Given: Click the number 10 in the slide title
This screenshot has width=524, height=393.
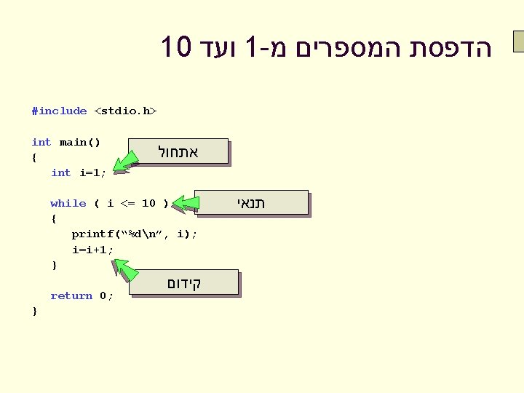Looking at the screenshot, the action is (176, 48).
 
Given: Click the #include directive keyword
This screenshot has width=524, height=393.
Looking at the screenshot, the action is (59, 111).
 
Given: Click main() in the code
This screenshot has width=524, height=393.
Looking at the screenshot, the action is (80, 142).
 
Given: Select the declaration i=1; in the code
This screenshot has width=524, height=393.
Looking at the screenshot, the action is (92, 173).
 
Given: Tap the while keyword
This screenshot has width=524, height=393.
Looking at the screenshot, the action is (68, 204).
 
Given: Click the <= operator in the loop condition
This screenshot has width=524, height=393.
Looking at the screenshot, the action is (127, 204).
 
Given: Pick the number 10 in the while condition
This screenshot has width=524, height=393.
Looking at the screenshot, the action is (148, 204).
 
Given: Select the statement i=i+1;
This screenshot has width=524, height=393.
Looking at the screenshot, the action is (92, 250).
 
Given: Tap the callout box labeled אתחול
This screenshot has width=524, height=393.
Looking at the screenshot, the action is (178, 153).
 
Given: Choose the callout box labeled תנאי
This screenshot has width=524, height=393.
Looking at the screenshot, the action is (251, 203).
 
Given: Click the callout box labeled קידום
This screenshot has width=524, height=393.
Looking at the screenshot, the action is (184, 282).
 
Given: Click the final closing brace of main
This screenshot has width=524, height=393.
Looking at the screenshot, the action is (34, 311).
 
